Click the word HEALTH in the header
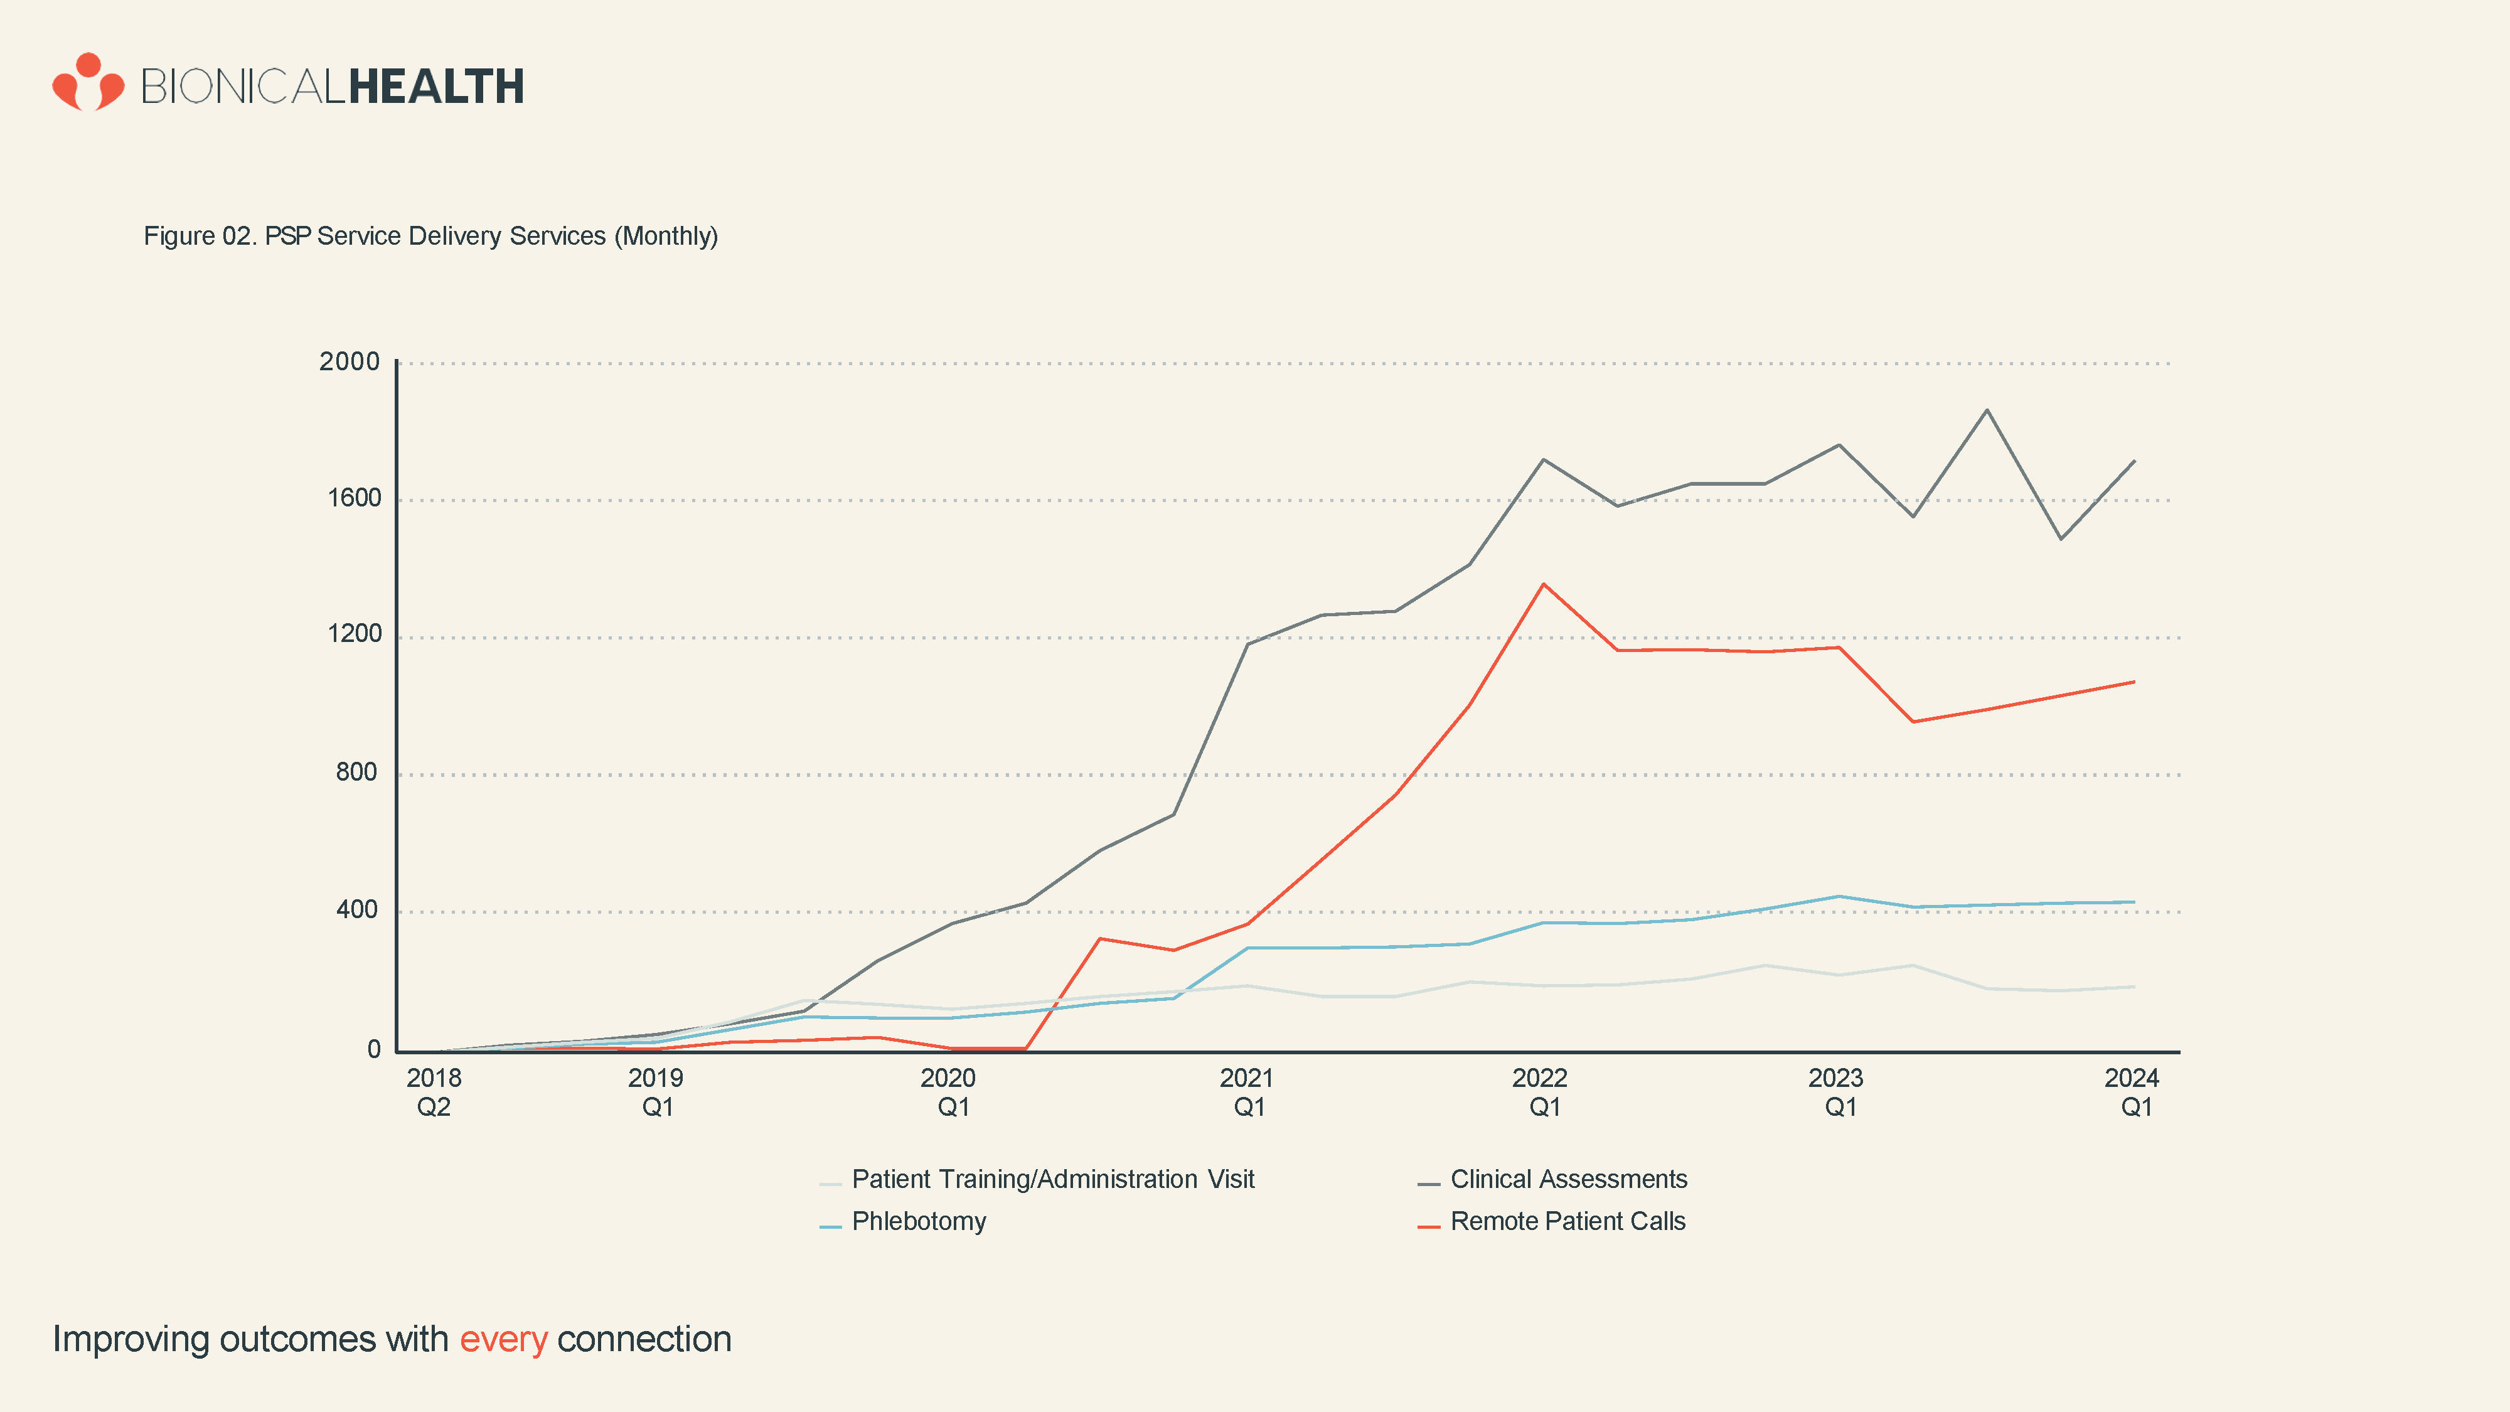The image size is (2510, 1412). tap(435, 87)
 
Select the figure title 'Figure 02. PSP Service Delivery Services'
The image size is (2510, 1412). tap(430, 237)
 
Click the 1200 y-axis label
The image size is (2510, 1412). tap(354, 634)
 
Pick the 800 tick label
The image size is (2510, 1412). tap(356, 773)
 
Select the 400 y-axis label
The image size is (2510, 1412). tap(356, 910)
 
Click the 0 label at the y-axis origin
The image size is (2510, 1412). tap(373, 1049)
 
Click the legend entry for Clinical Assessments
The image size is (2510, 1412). tap(1567, 1180)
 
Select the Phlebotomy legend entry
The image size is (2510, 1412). tap(918, 1222)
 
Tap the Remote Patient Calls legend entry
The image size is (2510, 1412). tap(1567, 1222)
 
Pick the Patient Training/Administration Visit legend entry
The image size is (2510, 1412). tap(1052, 1180)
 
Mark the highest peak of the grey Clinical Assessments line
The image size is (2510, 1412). tap(1987, 410)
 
